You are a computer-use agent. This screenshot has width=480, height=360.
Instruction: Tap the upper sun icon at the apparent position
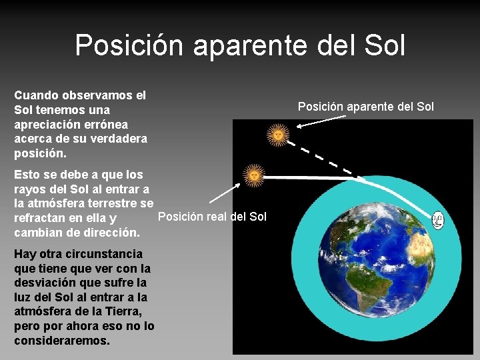pos(278,135)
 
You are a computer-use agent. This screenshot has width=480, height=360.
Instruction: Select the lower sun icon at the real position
pos(254,175)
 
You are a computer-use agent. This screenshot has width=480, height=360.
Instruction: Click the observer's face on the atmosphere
pos(437,220)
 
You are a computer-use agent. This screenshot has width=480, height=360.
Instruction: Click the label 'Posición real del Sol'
pos(212,216)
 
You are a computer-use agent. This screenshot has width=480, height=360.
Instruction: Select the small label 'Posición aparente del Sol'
pos(365,107)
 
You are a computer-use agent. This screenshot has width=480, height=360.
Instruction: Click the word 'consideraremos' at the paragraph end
pos(61,341)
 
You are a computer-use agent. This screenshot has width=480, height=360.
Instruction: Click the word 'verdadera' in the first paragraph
pos(119,139)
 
